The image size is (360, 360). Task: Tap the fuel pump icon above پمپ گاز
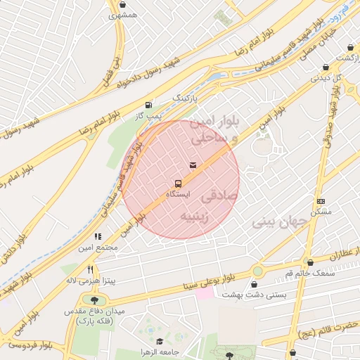coord(147,105)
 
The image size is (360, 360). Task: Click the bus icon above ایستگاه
coord(176,184)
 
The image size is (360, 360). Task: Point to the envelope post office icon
coord(193,165)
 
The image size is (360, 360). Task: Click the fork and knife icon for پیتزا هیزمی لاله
coord(90,269)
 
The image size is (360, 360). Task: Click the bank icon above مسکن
coord(321,201)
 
